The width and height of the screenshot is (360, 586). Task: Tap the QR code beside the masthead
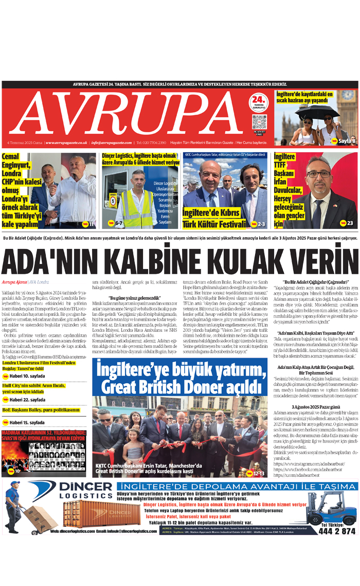click(259, 122)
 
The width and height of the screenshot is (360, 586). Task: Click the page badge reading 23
click(346, 223)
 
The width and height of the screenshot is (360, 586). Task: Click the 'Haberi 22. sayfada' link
click(24, 400)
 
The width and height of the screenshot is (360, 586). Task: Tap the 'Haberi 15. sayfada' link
click(24, 422)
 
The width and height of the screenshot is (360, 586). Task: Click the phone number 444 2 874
click(337, 531)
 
